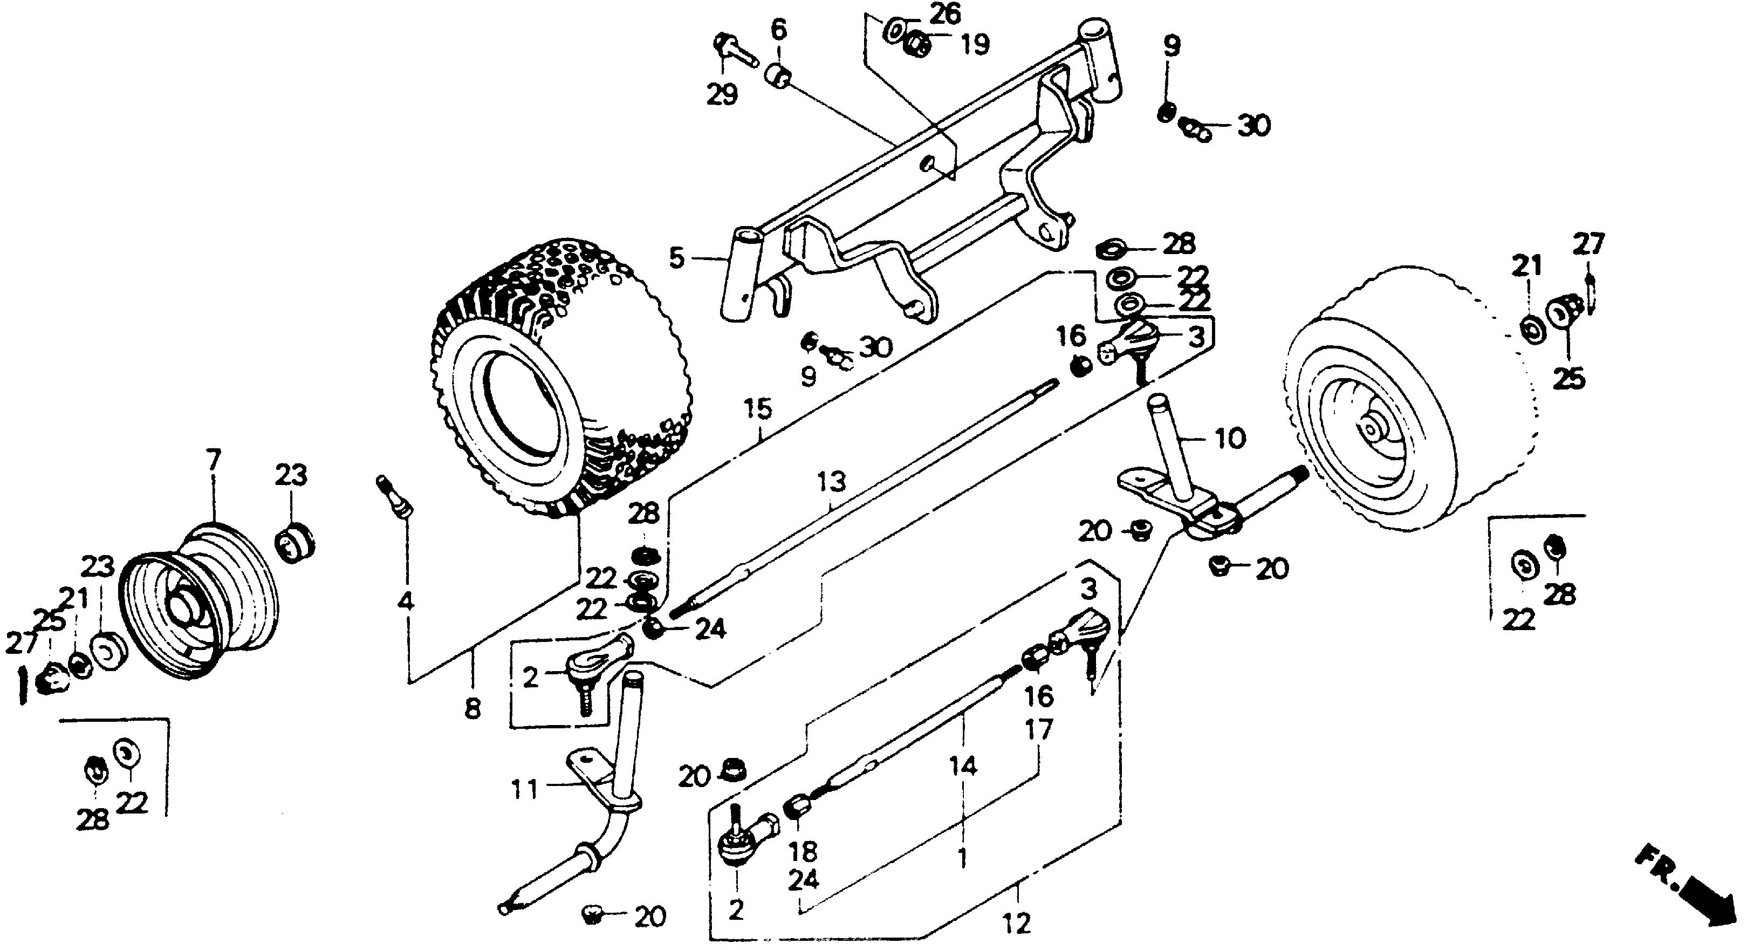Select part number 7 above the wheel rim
214,461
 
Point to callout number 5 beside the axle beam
676,258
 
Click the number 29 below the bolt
722,94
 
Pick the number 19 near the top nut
975,45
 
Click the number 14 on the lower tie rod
963,766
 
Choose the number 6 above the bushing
778,31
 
